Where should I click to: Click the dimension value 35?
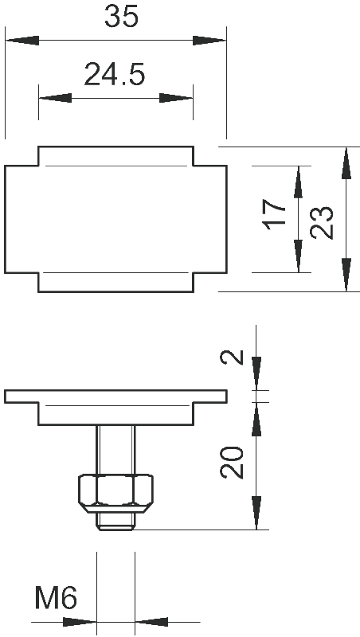[x=122, y=17]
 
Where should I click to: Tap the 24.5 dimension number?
[x=115, y=74]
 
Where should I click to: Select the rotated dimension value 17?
[x=275, y=214]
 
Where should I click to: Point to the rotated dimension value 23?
[x=322, y=222]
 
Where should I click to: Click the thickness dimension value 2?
[x=232, y=357]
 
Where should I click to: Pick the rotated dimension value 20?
[x=232, y=463]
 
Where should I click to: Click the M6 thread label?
[x=56, y=598]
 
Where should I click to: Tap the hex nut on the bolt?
[x=115, y=492]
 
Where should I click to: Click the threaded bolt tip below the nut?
[x=115, y=521]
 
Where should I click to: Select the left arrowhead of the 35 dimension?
[x=22, y=41]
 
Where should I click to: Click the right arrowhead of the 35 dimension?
[x=209, y=41]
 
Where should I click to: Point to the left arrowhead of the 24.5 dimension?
[x=55, y=98]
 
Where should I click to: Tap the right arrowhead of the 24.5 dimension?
[x=176, y=98]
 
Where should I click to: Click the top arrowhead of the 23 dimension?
[x=346, y=163]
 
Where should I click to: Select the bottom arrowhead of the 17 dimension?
[x=298, y=256]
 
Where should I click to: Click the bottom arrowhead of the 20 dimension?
[x=256, y=513]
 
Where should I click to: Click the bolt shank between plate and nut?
[x=115, y=450]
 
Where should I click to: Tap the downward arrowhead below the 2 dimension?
[x=256, y=373]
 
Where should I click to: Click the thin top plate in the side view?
[x=115, y=397]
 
